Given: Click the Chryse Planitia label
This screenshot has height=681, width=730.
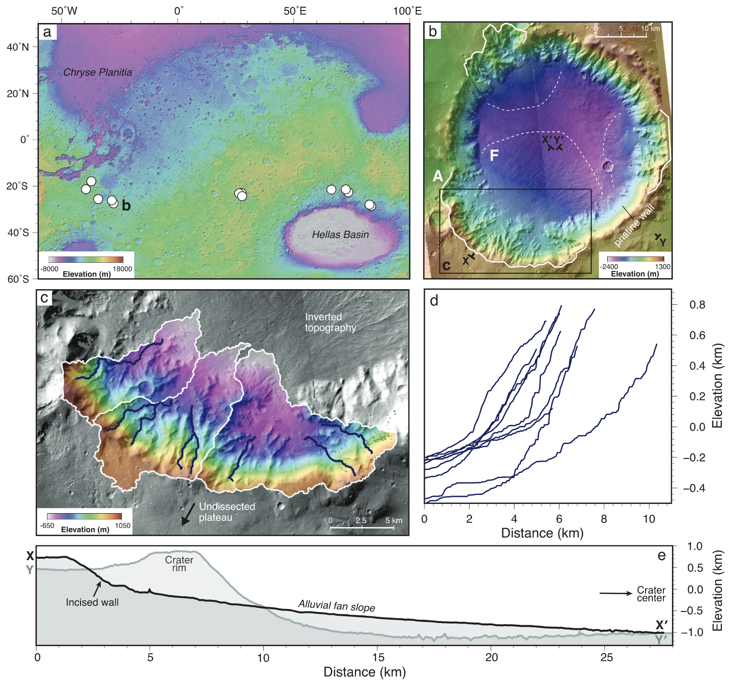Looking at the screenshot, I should tap(97, 72).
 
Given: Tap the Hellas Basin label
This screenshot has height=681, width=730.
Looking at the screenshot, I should tap(340, 235).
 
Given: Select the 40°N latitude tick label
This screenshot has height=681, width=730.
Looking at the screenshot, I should tap(18, 47).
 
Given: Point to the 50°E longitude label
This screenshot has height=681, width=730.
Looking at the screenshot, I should tap(294, 11).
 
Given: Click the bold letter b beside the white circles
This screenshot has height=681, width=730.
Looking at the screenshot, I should tap(126, 206).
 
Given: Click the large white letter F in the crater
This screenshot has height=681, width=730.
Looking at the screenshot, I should tap(494, 155).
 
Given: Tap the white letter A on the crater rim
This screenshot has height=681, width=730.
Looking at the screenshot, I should tap(438, 176).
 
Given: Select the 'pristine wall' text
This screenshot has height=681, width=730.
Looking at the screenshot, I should tap(634, 226).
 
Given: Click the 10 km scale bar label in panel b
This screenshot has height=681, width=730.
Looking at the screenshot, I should tap(650, 29).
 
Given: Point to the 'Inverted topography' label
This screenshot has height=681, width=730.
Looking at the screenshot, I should tap(330, 322).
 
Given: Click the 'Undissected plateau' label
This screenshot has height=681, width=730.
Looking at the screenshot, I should tap(226, 512).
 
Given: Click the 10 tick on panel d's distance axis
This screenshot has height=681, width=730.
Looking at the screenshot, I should tap(648, 518).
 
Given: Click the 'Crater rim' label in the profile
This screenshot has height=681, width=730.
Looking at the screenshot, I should tap(179, 564).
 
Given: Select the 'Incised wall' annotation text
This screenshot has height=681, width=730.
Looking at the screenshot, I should tap(92, 602).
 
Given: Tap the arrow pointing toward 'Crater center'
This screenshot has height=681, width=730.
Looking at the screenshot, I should tap(616, 593).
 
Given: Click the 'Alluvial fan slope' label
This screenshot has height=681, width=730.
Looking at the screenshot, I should tap(336, 606).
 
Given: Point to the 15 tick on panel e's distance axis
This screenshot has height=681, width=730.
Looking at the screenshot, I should tap(378, 657).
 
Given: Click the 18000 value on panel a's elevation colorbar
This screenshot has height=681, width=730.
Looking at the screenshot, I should tap(122, 269).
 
